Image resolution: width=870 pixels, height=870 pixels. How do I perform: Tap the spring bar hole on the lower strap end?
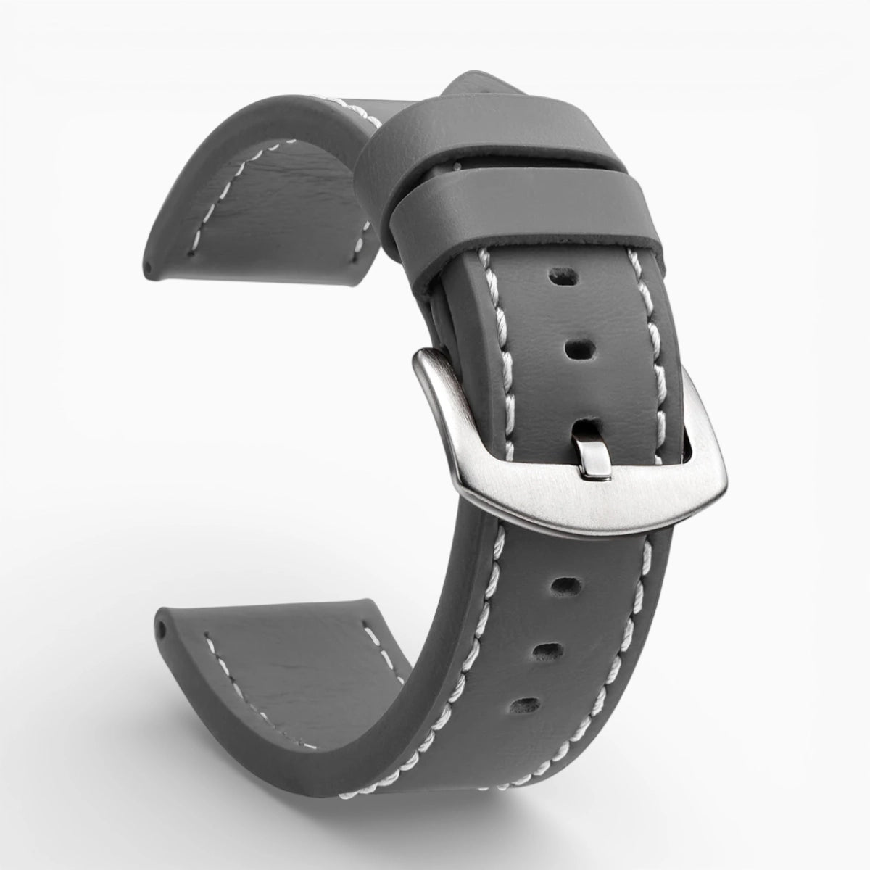coord(160,626)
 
